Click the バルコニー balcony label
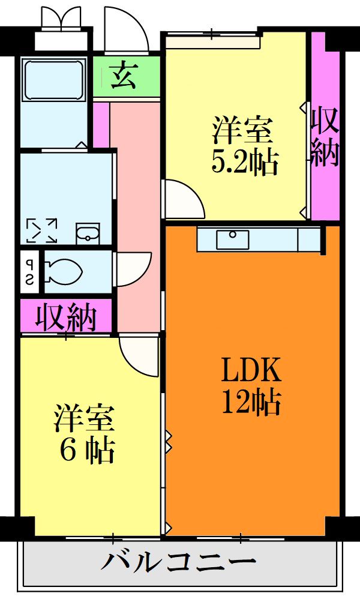click(x=178, y=563)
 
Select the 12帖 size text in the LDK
click(x=251, y=402)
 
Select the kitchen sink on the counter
click(x=233, y=239)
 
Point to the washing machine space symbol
click(x=41, y=230)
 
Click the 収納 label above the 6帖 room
click(x=66, y=316)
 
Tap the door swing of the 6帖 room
click(x=139, y=355)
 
